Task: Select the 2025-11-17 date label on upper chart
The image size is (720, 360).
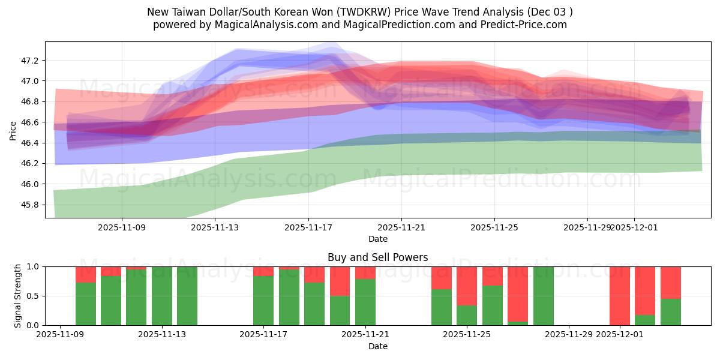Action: click(308, 228)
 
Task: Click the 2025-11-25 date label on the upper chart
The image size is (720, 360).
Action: click(494, 228)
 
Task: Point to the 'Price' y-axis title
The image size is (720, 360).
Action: click(13, 130)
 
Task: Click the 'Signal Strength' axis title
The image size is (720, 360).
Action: click(18, 295)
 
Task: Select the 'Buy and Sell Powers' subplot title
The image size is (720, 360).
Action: click(378, 257)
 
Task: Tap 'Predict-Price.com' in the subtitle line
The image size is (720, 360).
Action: click(527, 25)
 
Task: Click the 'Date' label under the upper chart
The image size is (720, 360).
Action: click(378, 239)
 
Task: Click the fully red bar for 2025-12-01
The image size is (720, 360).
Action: click(620, 296)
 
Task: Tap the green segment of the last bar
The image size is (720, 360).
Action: click(671, 312)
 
